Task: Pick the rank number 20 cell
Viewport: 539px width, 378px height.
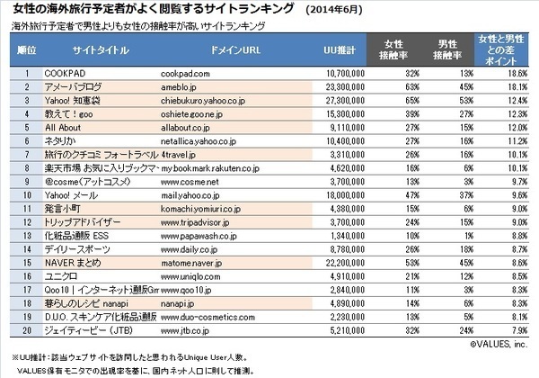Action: (26, 332)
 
